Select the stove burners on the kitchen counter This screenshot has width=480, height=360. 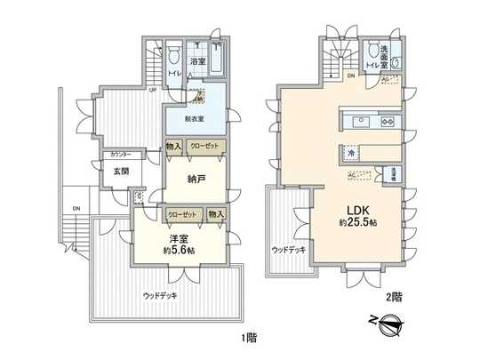[388, 120]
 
